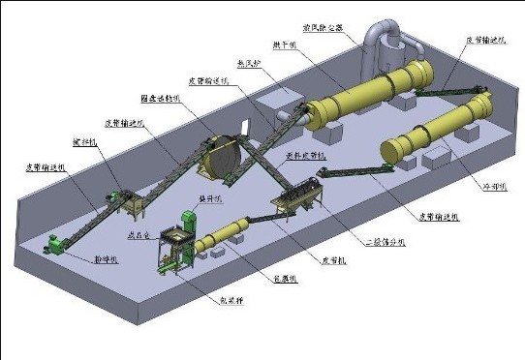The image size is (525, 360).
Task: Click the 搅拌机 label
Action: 81,146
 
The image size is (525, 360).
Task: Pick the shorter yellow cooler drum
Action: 422,136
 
